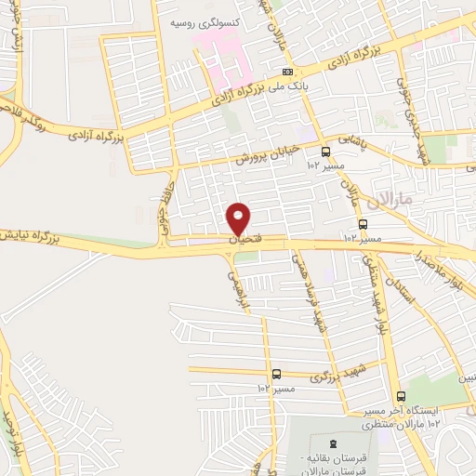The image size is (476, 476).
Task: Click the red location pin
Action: click(x=239, y=218)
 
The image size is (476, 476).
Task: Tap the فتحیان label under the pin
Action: click(x=240, y=240)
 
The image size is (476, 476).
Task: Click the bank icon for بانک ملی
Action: click(x=288, y=73)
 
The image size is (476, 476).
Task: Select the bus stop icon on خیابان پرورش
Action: click(x=325, y=152)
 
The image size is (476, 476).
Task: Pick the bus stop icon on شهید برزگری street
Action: click(x=276, y=374)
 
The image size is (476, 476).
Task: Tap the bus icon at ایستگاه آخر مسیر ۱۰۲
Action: click(x=400, y=396)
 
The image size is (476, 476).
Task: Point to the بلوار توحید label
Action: click(x=11, y=432)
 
